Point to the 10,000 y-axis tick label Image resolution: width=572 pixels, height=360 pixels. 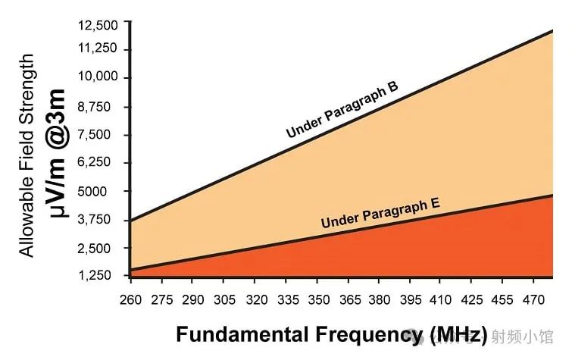tap(98, 78)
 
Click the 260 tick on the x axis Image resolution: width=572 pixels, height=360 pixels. tap(130, 299)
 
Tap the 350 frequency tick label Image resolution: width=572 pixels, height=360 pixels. tap(317, 299)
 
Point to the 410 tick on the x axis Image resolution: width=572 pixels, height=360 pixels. tap(442, 299)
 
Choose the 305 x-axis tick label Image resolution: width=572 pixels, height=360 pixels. tap(224, 299)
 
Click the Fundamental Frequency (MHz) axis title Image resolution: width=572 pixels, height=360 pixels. tap(331, 334)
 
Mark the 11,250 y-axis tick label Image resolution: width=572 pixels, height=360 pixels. tap(98, 49)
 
